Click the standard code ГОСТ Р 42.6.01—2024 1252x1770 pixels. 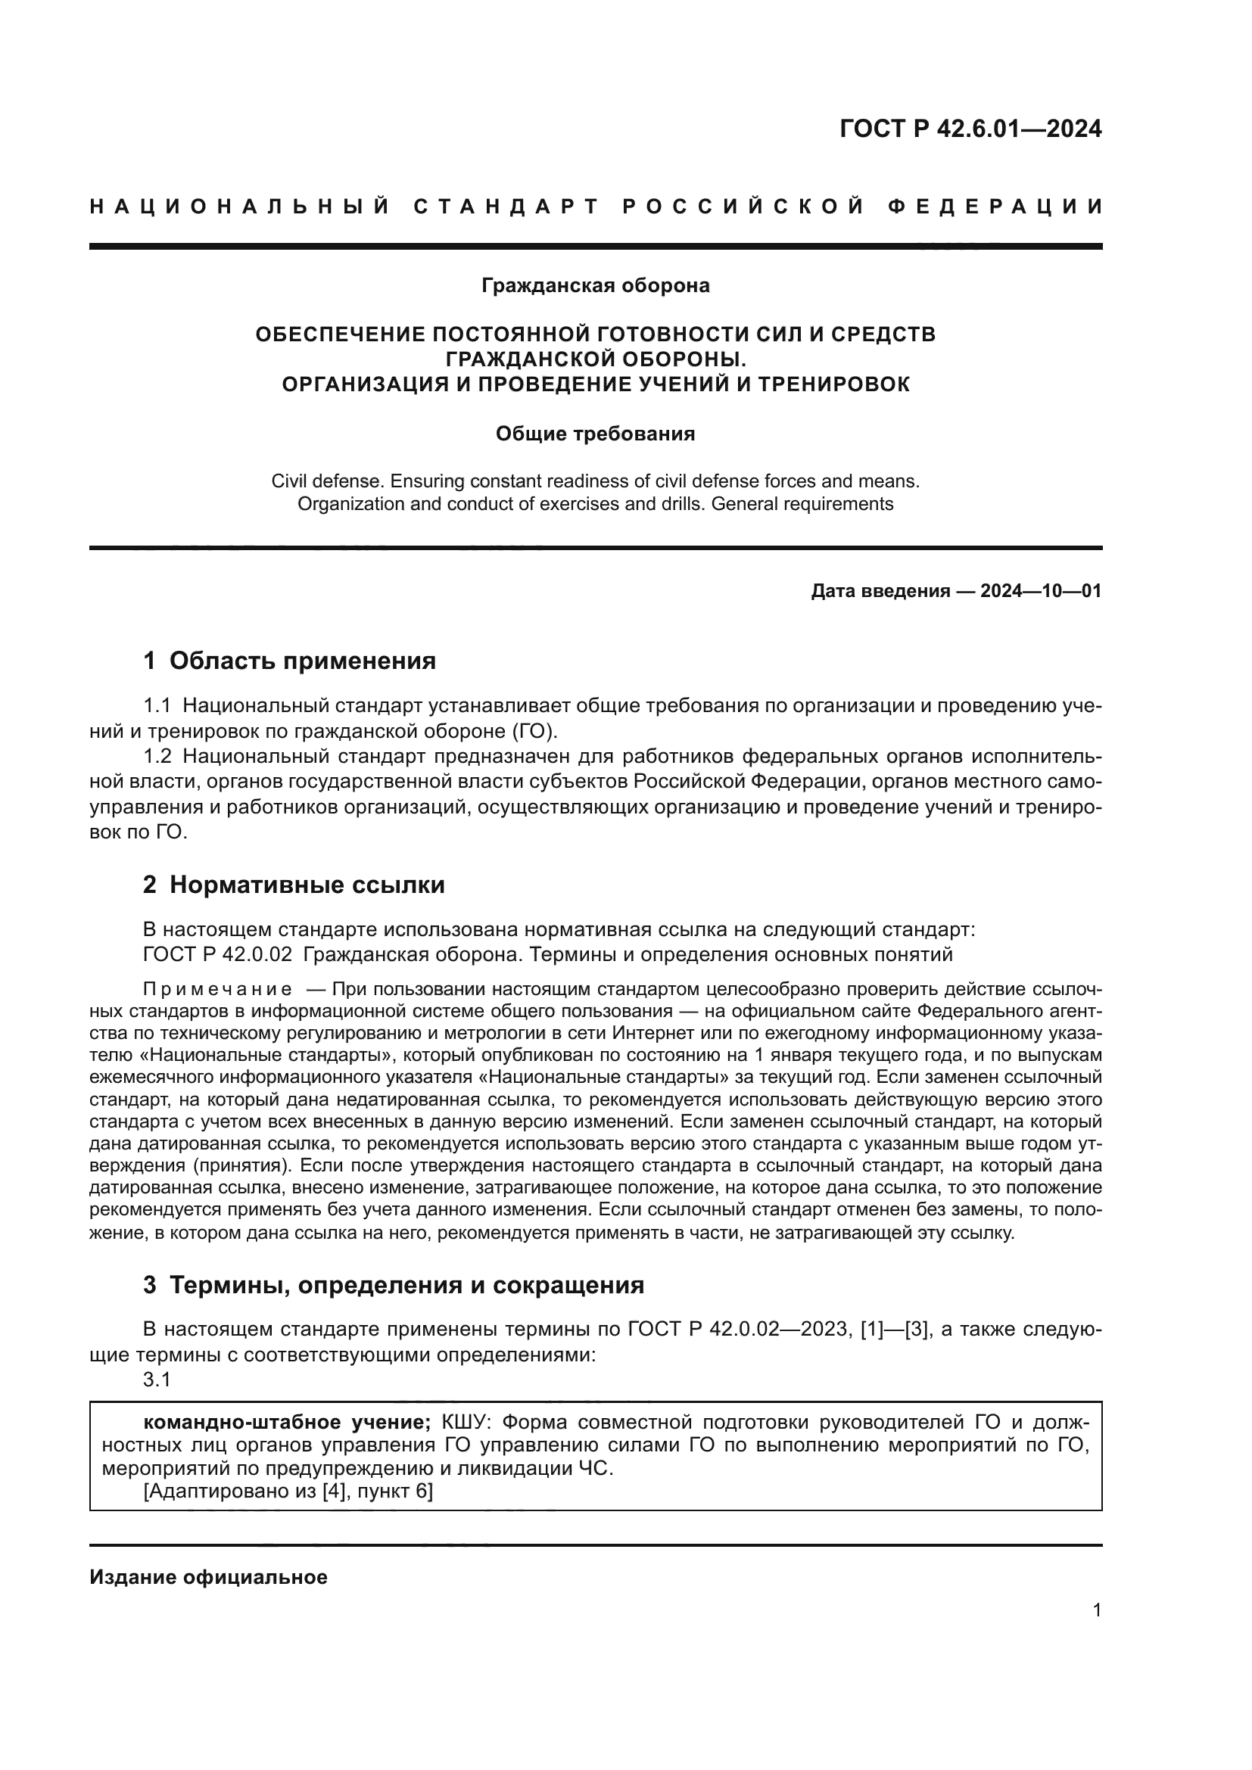[970, 129]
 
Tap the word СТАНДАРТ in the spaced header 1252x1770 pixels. [506, 207]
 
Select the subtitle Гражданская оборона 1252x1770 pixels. [595, 285]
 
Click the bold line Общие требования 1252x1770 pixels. [595, 434]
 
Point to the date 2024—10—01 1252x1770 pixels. [1041, 591]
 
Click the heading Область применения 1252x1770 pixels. [302, 661]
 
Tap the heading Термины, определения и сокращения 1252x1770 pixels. [406, 1284]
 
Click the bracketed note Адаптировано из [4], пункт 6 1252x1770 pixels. [288, 1491]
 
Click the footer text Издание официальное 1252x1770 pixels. [208, 1576]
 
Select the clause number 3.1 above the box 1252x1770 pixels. [157, 1380]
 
